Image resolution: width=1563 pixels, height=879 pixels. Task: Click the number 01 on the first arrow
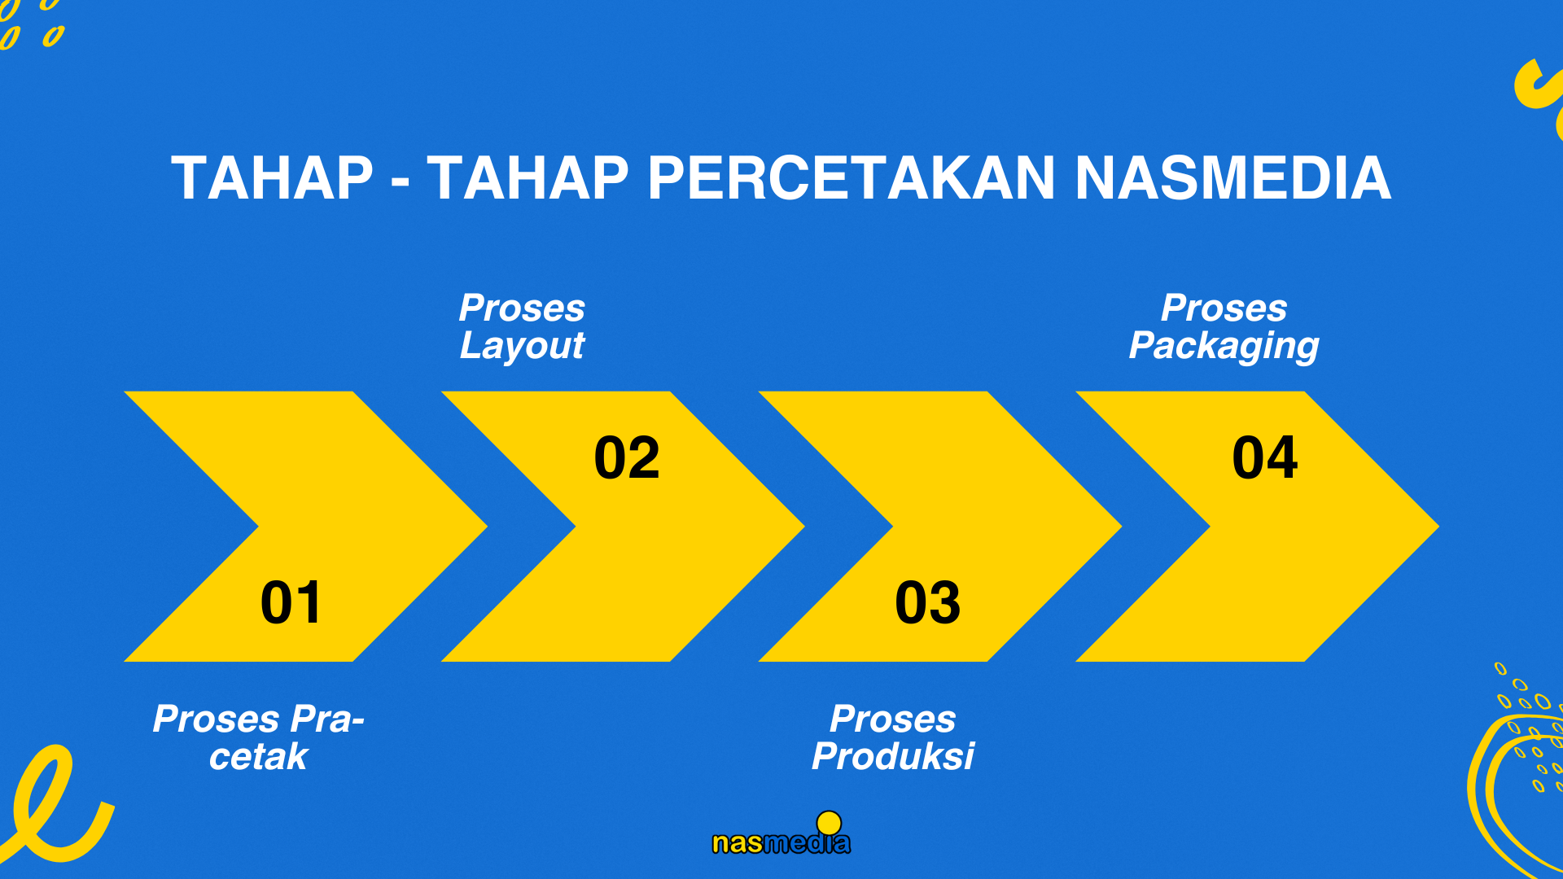click(291, 603)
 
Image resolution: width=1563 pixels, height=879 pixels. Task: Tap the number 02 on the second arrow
click(627, 457)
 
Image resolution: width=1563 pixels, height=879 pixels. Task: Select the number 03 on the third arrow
click(927, 603)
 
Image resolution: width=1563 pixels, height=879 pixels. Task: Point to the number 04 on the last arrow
click(1265, 457)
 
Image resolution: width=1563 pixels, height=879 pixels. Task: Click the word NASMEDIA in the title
click(1233, 177)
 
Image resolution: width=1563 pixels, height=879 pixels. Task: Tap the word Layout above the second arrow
click(523, 346)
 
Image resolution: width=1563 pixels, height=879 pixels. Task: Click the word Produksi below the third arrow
click(893, 756)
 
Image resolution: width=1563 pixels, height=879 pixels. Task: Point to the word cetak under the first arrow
click(258, 757)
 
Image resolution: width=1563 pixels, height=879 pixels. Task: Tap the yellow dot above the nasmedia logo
click(829, 823)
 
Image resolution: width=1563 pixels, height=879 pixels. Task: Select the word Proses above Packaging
click(1224, 308)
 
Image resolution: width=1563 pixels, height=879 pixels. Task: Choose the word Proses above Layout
click(522, 308)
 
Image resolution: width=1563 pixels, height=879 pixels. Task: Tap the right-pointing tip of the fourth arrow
click(1438, 527)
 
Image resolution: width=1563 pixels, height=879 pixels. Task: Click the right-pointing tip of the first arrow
click(486, 527)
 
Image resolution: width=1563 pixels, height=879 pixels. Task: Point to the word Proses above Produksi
click(893, 719)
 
